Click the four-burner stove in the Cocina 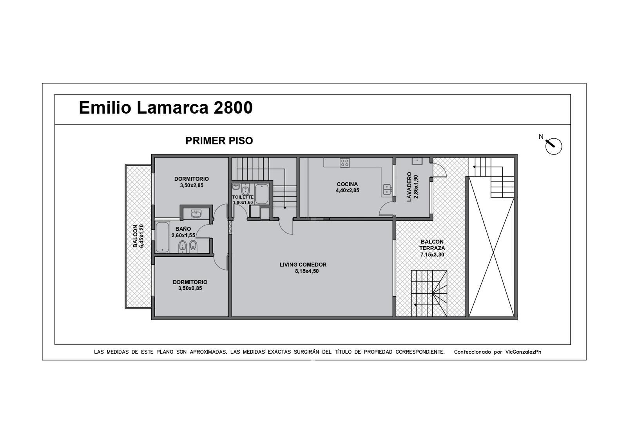tap(345, 163)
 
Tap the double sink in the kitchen tap(387, 190)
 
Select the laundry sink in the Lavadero tap(417, 161)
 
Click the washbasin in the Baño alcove tap(196, 214)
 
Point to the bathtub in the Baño tap(162, 237)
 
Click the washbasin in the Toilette tap(236, 187)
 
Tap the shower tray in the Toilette tap(262, 194)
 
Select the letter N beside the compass tap(541, 137)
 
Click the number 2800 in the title tap(233, 107)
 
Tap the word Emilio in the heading tap(105, 107)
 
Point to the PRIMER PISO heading tap(219, 141)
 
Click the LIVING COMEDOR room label tap(303, 265)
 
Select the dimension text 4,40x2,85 tap(347, 191)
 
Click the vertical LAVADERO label tap(409, 187)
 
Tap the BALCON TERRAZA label tap(432, 245)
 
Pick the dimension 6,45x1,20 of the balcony tap(141, 236)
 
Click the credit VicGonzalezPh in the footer tap(524, 352)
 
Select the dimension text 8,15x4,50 tap(307, 271)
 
